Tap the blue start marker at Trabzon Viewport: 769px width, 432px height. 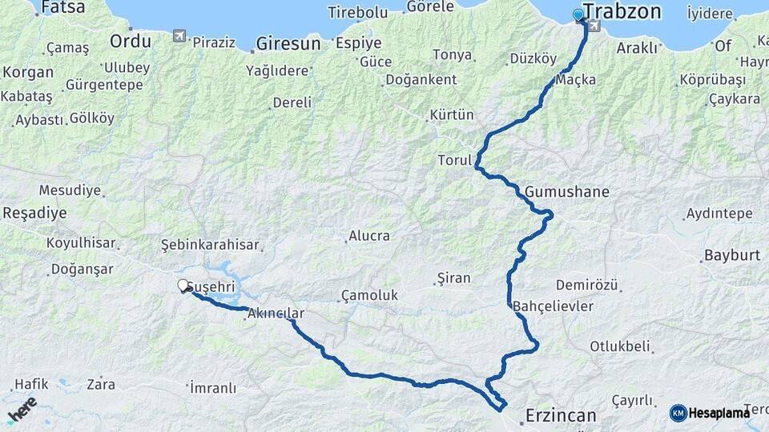(x=578, y=14)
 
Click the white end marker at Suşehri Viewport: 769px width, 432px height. (x=183, y=285)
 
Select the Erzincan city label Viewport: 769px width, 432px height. (x=561, y=415)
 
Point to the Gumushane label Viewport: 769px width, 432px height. (x=567, y=192)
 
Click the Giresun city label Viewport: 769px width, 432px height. (x=288, y=43)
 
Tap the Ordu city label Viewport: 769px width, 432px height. (x=130, y=41)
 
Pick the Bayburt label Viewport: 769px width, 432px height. (x=731, y=256)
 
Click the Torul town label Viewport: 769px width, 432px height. (x=454, y=160)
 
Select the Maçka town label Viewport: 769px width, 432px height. (x=576, y=80)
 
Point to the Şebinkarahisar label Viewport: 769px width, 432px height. (x=210, y=244)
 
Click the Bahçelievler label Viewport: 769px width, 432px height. (x=553, y=306)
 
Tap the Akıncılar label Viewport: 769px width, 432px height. (x=276, y=313)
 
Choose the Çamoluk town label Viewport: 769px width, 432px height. (x=369, y=295)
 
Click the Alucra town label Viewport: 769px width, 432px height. (x=368, y=236)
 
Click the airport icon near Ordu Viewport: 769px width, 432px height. (x=178, y=36)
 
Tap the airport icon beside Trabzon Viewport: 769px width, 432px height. (x=593, y=26)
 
